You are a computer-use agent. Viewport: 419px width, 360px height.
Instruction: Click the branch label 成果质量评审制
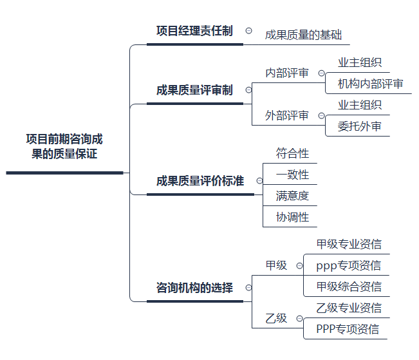[194, 90]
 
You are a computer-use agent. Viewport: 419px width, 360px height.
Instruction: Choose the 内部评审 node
[287, 73]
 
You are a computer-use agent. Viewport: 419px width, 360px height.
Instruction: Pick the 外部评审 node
[287, 116]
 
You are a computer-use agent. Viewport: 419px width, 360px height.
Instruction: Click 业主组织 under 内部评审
[360, 62]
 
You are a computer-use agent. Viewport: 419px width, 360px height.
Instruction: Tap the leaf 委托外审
[360, 126]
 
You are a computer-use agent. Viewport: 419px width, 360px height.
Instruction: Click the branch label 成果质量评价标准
[200, 181]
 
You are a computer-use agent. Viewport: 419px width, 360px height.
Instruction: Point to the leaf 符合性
[293, 153]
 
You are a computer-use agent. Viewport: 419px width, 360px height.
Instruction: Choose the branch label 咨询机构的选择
[194, 288]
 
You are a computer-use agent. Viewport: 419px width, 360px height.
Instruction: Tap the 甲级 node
[276, 265]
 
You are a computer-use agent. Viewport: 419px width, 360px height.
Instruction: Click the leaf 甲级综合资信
[349, 287]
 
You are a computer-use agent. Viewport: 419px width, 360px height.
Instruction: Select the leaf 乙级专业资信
[349, 308]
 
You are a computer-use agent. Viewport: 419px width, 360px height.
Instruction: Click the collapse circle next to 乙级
[298, 319]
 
